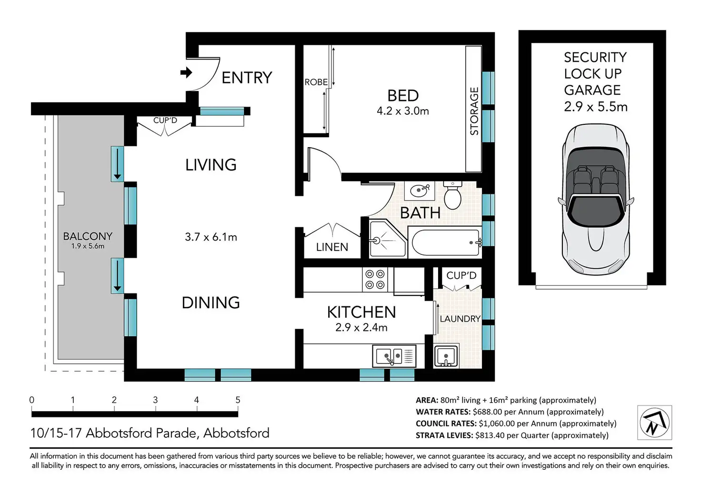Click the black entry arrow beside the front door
186,73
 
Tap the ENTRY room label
247,78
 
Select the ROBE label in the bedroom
316,82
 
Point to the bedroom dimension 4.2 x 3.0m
403,111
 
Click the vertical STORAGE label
474,111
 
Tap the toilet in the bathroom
452,195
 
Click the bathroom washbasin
420,191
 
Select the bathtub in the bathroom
445,243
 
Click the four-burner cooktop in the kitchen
375,279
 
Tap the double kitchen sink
394,356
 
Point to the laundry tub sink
446,356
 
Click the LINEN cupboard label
332,247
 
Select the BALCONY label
88,236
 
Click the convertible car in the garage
596,200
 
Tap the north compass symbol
655,423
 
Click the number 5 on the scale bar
238,400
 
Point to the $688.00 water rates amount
487,412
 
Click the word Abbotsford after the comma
236,433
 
